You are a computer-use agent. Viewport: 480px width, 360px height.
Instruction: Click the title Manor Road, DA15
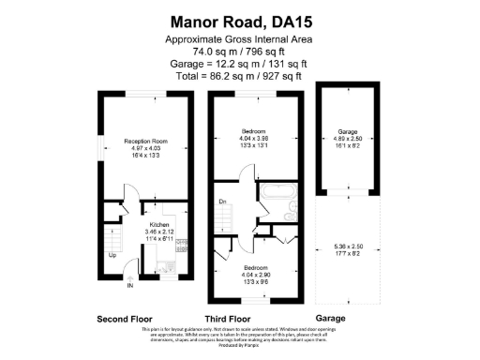coord(238,20)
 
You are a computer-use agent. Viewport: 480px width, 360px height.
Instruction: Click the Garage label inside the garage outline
coord(347,132)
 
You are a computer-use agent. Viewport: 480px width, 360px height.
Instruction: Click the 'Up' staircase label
coord(113,254)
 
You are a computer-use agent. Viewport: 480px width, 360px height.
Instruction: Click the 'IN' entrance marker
coord(131,285)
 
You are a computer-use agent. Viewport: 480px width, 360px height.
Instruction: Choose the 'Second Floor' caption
coord(125,318)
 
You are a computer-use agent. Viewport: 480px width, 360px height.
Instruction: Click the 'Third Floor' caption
coord(226,318)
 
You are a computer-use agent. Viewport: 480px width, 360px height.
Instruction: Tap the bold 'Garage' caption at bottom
coord(330,318)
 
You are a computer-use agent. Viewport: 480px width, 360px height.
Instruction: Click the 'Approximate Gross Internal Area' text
coord(238,38)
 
